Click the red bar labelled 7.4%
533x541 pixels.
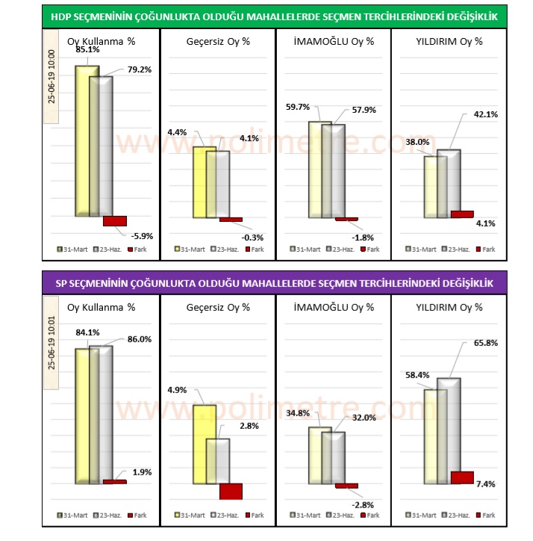coord(463,477)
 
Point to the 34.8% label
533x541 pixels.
coord(298,413)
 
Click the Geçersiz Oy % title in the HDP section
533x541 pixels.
coord(218,41)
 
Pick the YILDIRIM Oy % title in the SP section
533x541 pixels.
coord(449,306)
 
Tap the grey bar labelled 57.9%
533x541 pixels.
coord(333,171)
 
